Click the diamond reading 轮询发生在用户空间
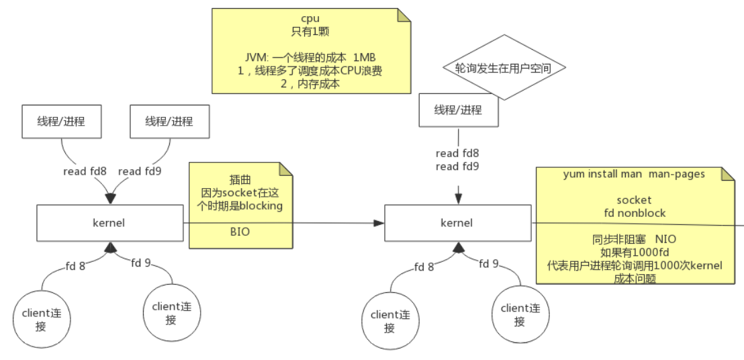503,68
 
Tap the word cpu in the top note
310,18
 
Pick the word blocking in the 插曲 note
263,206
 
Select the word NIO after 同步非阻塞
666,239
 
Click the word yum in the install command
572,175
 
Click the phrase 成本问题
634,278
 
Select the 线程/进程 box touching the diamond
458,110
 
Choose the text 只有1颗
310,31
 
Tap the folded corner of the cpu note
404,15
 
